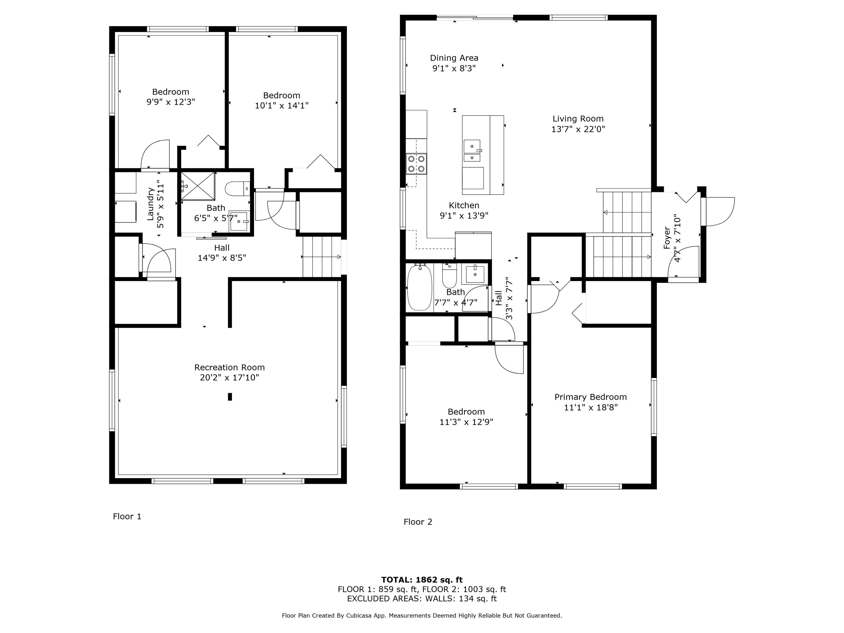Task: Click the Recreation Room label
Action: [229, 367]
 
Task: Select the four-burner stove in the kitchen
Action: [416, 164]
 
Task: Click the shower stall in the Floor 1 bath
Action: [198, 186]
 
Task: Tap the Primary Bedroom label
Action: [590, 397]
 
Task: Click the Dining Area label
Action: [454, 58]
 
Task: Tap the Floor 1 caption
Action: [127, 516]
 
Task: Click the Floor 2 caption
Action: [418, 522]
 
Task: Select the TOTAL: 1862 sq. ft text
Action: [422, 580]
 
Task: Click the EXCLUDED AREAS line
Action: [422, 598]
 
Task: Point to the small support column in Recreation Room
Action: [230, 397]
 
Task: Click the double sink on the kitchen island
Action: [472, 151]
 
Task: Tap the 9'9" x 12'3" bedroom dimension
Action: [170, 102]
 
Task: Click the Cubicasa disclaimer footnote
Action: [422, 616]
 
